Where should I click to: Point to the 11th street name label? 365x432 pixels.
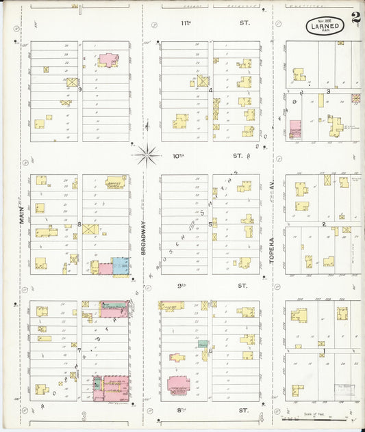[205, 23]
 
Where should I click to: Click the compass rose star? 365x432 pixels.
[147, 156]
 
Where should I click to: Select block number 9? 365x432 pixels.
[80, 89]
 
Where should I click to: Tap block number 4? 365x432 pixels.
[210, 90]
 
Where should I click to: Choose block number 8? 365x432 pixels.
[79, 224]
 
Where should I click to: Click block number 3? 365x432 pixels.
[328, 91]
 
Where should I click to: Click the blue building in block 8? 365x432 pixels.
[120, 266]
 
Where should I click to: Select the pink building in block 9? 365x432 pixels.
[108, 59]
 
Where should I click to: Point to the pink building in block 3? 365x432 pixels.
[295, 129]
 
